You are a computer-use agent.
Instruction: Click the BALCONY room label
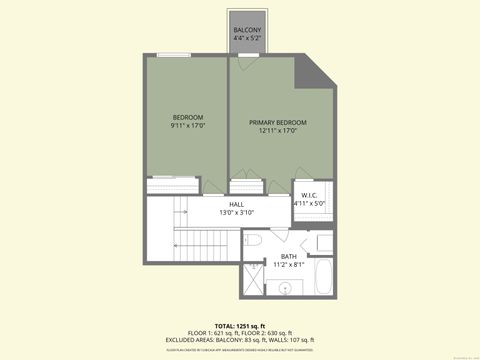click(x=247, y=31)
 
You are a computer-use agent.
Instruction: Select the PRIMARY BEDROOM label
click(x=277, y=122)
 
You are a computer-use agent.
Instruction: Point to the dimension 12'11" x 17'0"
click(x=277, y=131)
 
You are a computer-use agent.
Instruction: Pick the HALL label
click(x=237, y=204)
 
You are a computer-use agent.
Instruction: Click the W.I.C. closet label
click(x=309, y=195)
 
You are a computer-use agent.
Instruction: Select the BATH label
click(x=288, y=257)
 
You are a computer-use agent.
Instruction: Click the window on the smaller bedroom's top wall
click(x=171, y=54)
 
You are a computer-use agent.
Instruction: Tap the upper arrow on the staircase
click(x=182, y=209)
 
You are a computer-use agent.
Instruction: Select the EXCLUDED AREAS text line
click(x=239, y=341)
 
